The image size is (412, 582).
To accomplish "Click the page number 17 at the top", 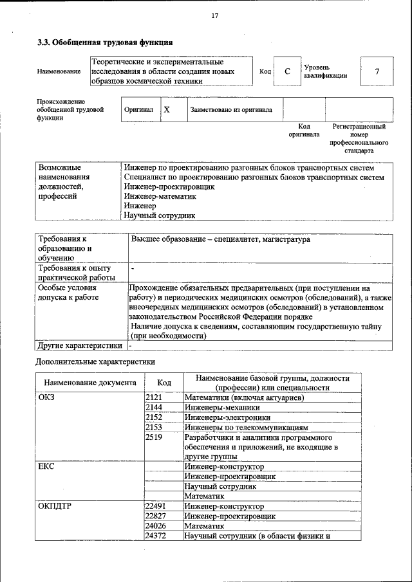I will pyautogui.click(x=215, y=16).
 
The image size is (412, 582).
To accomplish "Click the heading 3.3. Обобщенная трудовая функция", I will pyautogui.click(x=104, y=42).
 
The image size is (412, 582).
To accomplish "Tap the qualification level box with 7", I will pyautogui.click(x=377, y=71).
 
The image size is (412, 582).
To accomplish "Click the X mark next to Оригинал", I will pyautogui.click(x=166, y=109).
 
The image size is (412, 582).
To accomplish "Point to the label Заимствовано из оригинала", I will pyautogui.click(x=230, y=110).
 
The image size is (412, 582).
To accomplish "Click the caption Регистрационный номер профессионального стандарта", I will pyautogui.click(x=359, y=139).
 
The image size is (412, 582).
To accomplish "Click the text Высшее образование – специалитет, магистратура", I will pyautogui.click(x=220, y=239).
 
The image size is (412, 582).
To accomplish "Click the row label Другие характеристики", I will pyautogui.click(x=80, y=345).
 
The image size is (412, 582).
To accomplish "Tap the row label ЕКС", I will pyautogui.click(x=46, y=466).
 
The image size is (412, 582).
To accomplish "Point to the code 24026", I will pyautogui.click(x=156, y=525).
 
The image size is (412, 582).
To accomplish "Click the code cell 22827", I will pyautogui.click(x=156, y=516).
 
